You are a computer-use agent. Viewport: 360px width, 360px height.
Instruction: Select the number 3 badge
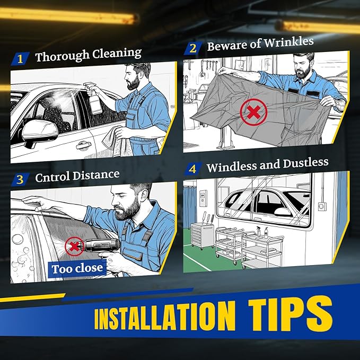(20, 179)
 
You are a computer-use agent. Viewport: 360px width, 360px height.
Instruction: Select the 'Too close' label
(77, 268)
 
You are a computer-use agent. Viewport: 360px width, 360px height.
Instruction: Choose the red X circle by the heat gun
(73, 245)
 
